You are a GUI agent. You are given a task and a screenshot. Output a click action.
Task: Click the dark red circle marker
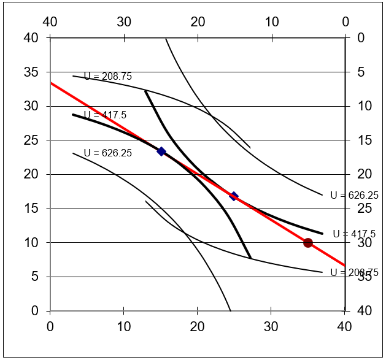point(308,243)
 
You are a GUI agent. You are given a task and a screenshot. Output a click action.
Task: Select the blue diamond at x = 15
point(161,151)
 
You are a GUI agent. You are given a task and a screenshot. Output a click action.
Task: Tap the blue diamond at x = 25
point(234,196)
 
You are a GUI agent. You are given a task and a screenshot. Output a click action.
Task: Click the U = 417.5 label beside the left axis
point(105,115)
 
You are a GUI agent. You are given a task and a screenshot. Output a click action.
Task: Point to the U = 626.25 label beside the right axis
point(354,196)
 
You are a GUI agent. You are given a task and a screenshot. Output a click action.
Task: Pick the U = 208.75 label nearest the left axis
point(107,77)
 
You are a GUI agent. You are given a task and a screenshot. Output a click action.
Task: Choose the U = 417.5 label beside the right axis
point(354,234)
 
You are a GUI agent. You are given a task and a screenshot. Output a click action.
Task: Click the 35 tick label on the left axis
point(30,72)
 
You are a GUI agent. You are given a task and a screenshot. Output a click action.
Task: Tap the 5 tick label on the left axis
point(34,277)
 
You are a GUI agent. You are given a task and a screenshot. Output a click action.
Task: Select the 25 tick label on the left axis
point(30,140)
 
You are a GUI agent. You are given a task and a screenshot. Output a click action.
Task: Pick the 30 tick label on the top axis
point(123,22)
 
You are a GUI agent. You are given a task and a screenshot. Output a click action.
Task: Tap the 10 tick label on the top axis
point(271,22)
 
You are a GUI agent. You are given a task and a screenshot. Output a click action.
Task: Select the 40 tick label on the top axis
point(50,22)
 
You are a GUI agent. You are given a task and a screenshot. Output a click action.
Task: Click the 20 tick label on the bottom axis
point(197,326)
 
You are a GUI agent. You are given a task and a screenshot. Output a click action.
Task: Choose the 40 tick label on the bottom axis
point(344,326)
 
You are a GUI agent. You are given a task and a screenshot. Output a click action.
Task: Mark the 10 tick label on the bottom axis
point(123,326)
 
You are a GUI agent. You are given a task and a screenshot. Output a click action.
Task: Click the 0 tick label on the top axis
point(345,22)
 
